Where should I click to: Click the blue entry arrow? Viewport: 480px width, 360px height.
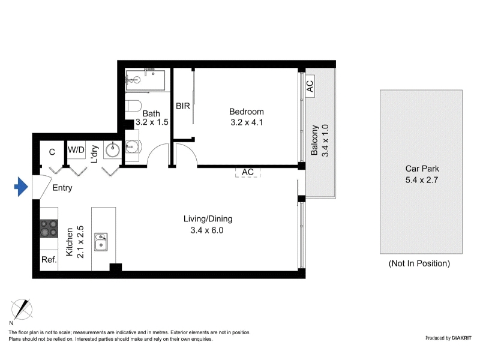[x=22, y=187]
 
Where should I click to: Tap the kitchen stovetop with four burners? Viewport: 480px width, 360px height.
[x=49, y=229]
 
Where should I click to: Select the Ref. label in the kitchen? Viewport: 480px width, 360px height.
[x=49, y=260]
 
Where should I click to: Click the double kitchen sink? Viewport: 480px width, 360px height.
[x=101, y=242]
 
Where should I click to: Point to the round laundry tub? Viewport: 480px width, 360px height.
[x=113, y=149]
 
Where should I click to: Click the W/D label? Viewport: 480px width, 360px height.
[x=76, y=149]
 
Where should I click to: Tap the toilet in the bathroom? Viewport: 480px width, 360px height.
[x=133, y=106]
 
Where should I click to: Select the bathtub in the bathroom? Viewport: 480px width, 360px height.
[x=145, y=80]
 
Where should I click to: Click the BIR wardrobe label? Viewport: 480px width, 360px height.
[x=183, y=106]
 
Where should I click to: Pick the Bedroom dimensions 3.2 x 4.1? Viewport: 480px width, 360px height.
[x=247, y=122]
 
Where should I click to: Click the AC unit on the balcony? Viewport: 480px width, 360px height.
[x=310, y=86]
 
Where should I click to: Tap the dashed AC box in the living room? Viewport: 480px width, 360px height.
[x=248, y=172]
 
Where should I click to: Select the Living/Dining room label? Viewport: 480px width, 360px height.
[x=208, y=219]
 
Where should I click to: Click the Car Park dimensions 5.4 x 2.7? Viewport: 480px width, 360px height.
[x=422, y=180]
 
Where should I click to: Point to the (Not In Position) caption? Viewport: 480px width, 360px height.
[x=419, y=263]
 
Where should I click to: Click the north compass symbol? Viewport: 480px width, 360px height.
[x=22, y=309]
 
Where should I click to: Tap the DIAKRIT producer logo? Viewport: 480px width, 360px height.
[x=461, y=338]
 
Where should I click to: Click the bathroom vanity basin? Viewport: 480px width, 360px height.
[x=132, y=146]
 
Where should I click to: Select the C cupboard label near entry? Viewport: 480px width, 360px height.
[x=52, y=152]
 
